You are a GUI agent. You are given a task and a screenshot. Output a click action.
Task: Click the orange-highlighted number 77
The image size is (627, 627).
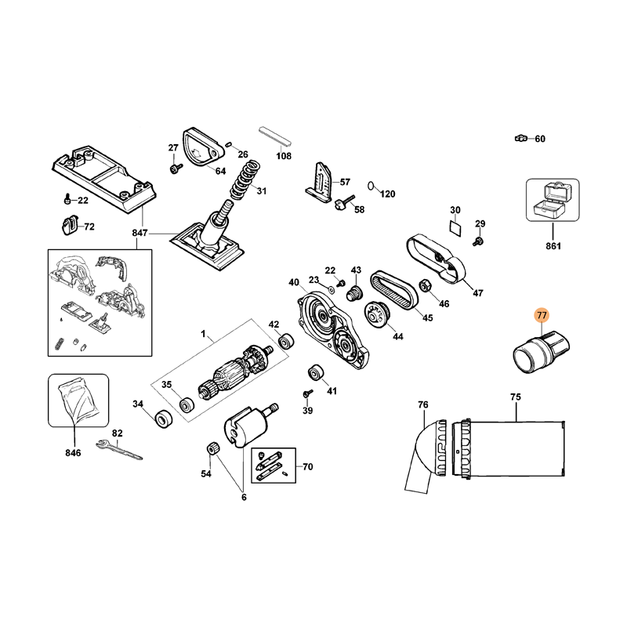(542, 316)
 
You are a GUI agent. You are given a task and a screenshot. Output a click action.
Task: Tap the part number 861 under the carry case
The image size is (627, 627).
(553, 246)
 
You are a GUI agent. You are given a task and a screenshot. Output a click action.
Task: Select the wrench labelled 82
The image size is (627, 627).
(119, 449)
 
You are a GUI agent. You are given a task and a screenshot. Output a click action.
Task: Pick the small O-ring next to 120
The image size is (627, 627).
(371, 186)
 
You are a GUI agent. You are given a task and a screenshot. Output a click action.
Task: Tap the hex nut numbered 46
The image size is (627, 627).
(424, 285)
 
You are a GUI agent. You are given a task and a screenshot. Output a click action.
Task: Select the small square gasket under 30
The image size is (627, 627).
(455, 228)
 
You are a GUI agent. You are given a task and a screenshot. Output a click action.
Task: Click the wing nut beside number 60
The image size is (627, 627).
(520, 139)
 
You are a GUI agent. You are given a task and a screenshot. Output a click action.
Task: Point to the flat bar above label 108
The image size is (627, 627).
(275, 136)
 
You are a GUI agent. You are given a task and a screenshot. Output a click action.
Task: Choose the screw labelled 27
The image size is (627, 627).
(175, 169)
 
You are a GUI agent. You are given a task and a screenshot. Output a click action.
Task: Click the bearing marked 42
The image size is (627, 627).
(285, 342)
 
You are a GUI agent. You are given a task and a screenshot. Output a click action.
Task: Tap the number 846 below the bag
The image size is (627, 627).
(73, 453)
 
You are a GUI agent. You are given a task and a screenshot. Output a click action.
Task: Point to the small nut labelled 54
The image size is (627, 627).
(212, 448)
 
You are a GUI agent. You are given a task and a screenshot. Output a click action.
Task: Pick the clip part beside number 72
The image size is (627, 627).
(70, 226)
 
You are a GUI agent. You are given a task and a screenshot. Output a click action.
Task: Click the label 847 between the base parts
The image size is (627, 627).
(140, 233)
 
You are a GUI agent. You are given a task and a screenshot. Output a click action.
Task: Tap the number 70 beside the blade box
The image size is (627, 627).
(308, 466)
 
